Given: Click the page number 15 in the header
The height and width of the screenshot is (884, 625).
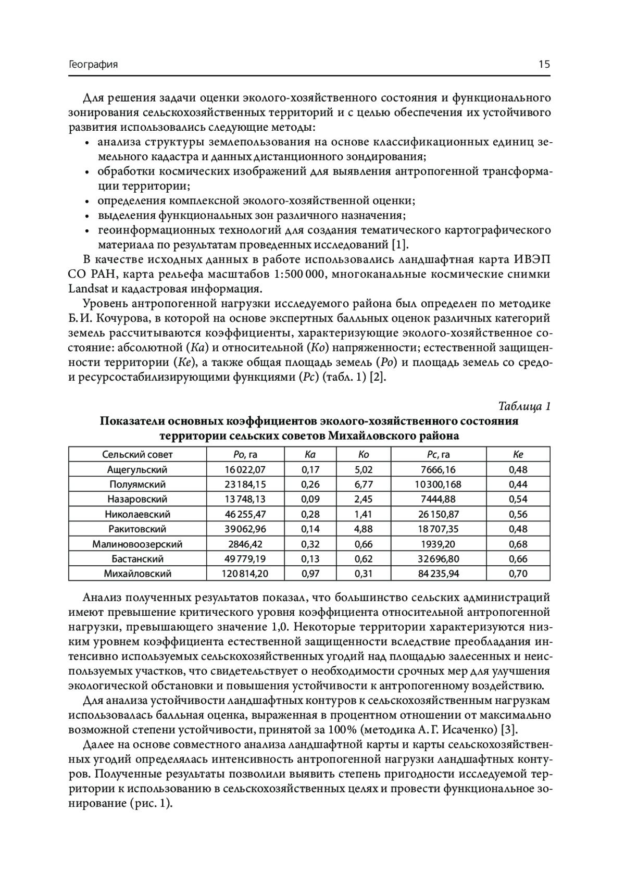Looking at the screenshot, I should coord(544,65).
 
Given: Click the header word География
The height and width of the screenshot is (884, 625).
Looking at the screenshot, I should coord(93,65).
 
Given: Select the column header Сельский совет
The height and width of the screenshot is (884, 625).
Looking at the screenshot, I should coord(137,454).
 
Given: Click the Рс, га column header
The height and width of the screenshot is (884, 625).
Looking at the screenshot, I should coord(438,454).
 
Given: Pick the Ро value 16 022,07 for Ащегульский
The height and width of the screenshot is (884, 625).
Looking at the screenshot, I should coord(245,469).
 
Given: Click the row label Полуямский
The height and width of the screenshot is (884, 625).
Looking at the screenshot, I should coord(137,484).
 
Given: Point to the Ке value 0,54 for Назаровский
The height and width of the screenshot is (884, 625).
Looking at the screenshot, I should coord(518,499).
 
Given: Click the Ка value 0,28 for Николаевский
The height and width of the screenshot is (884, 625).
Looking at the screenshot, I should coord(310,514).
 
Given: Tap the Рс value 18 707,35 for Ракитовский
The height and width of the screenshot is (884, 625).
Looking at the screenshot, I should coord(438,529).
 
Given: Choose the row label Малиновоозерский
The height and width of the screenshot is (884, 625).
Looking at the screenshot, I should coord(137,544).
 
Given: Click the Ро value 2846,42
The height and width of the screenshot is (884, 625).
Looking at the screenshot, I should coord(245,544).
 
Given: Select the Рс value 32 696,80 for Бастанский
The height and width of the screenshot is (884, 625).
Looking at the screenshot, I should coord(438,559).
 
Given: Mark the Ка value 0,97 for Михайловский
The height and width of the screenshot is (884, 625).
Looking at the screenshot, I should coord(310,574).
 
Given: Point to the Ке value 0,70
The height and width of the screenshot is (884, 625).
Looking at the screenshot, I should coord(518,574).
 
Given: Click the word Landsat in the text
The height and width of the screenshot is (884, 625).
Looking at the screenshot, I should coord(86,289).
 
